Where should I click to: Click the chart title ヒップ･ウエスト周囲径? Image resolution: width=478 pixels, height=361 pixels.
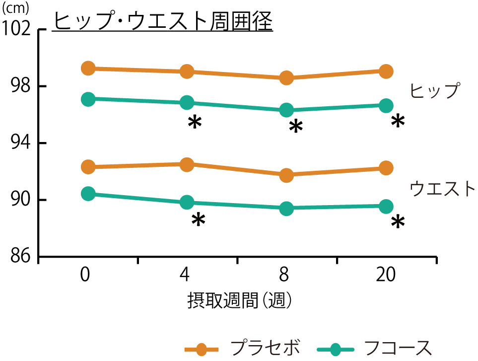[x=163, y=21]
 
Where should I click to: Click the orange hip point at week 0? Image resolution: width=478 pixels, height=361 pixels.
[x=88, y=68]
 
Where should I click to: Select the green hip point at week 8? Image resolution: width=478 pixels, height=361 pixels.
[x=286, y=110]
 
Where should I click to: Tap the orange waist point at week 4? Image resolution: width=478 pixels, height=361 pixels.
[x=187, y=164]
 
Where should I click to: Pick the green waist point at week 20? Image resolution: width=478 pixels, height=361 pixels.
[x=386, y=206]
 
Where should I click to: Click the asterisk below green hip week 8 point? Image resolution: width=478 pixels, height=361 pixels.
[x=296, y=127]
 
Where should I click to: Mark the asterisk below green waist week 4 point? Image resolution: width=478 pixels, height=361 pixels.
[x=198, y=220]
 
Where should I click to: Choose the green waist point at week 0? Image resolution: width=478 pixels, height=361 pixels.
[x=88, y=194]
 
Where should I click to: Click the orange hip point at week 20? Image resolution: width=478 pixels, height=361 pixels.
[x=386, y=71]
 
